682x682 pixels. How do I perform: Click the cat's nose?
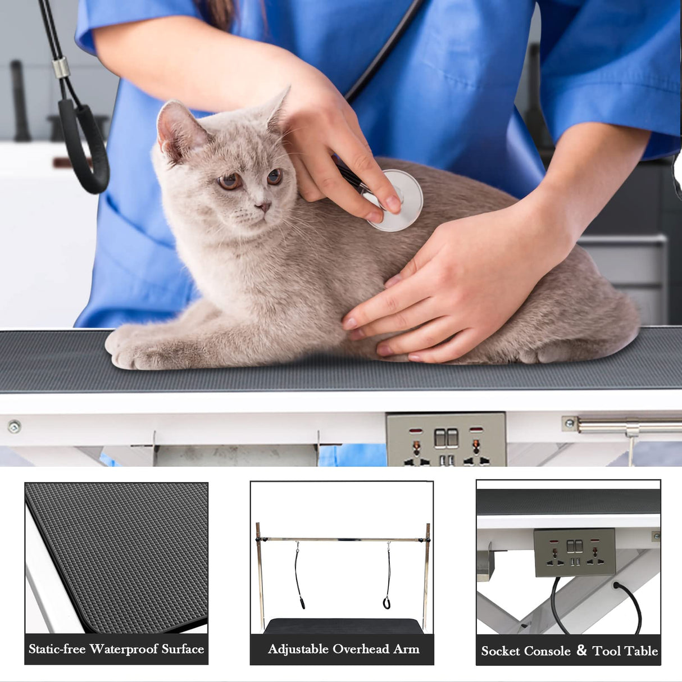click(263, 207)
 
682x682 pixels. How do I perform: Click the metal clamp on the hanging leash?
click(61, 68)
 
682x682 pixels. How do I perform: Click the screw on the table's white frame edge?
click(14, 426)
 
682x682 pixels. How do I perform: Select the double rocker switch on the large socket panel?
click(446, 438)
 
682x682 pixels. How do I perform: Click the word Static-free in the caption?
click(57, 649)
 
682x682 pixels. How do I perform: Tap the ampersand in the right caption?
click(581, 651)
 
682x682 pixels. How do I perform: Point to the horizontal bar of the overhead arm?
click(343, 539)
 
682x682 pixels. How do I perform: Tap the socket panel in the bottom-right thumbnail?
click(574, 552)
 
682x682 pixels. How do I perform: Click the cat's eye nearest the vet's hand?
click(274, 177)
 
